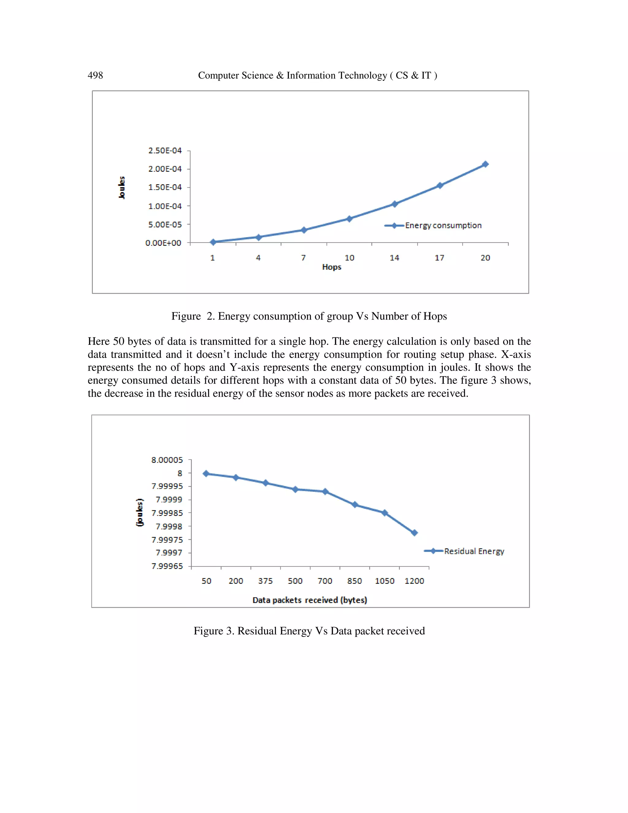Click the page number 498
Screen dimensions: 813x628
(x=95, y=75)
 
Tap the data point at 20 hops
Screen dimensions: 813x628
(x=485, y=164)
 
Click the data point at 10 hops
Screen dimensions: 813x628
(x=349, y=218)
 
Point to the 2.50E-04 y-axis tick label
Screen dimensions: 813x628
(x=165, y=151)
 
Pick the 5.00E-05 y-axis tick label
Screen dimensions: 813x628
(x=165, y=225)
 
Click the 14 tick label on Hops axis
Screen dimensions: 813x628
(x=394, y=258)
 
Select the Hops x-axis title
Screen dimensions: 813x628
(x=331, y=267)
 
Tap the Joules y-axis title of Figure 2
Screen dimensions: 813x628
(x=122, y=188)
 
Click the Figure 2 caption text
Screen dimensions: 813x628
(x=309, y=316)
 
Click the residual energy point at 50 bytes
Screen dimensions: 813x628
(x=206, y=473)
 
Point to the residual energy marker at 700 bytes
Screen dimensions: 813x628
(x=325, y=492)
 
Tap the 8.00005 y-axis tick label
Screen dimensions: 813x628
(x=167, y=460)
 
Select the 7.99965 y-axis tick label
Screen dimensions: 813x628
(x=167, y=566)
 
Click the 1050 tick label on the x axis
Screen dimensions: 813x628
(x=384, y=581)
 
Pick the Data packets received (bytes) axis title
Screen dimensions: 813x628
(x=309, y=600)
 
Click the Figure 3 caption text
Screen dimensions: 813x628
(x=309, y=631)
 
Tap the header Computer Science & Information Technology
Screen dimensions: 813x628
(x=317, y=75)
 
